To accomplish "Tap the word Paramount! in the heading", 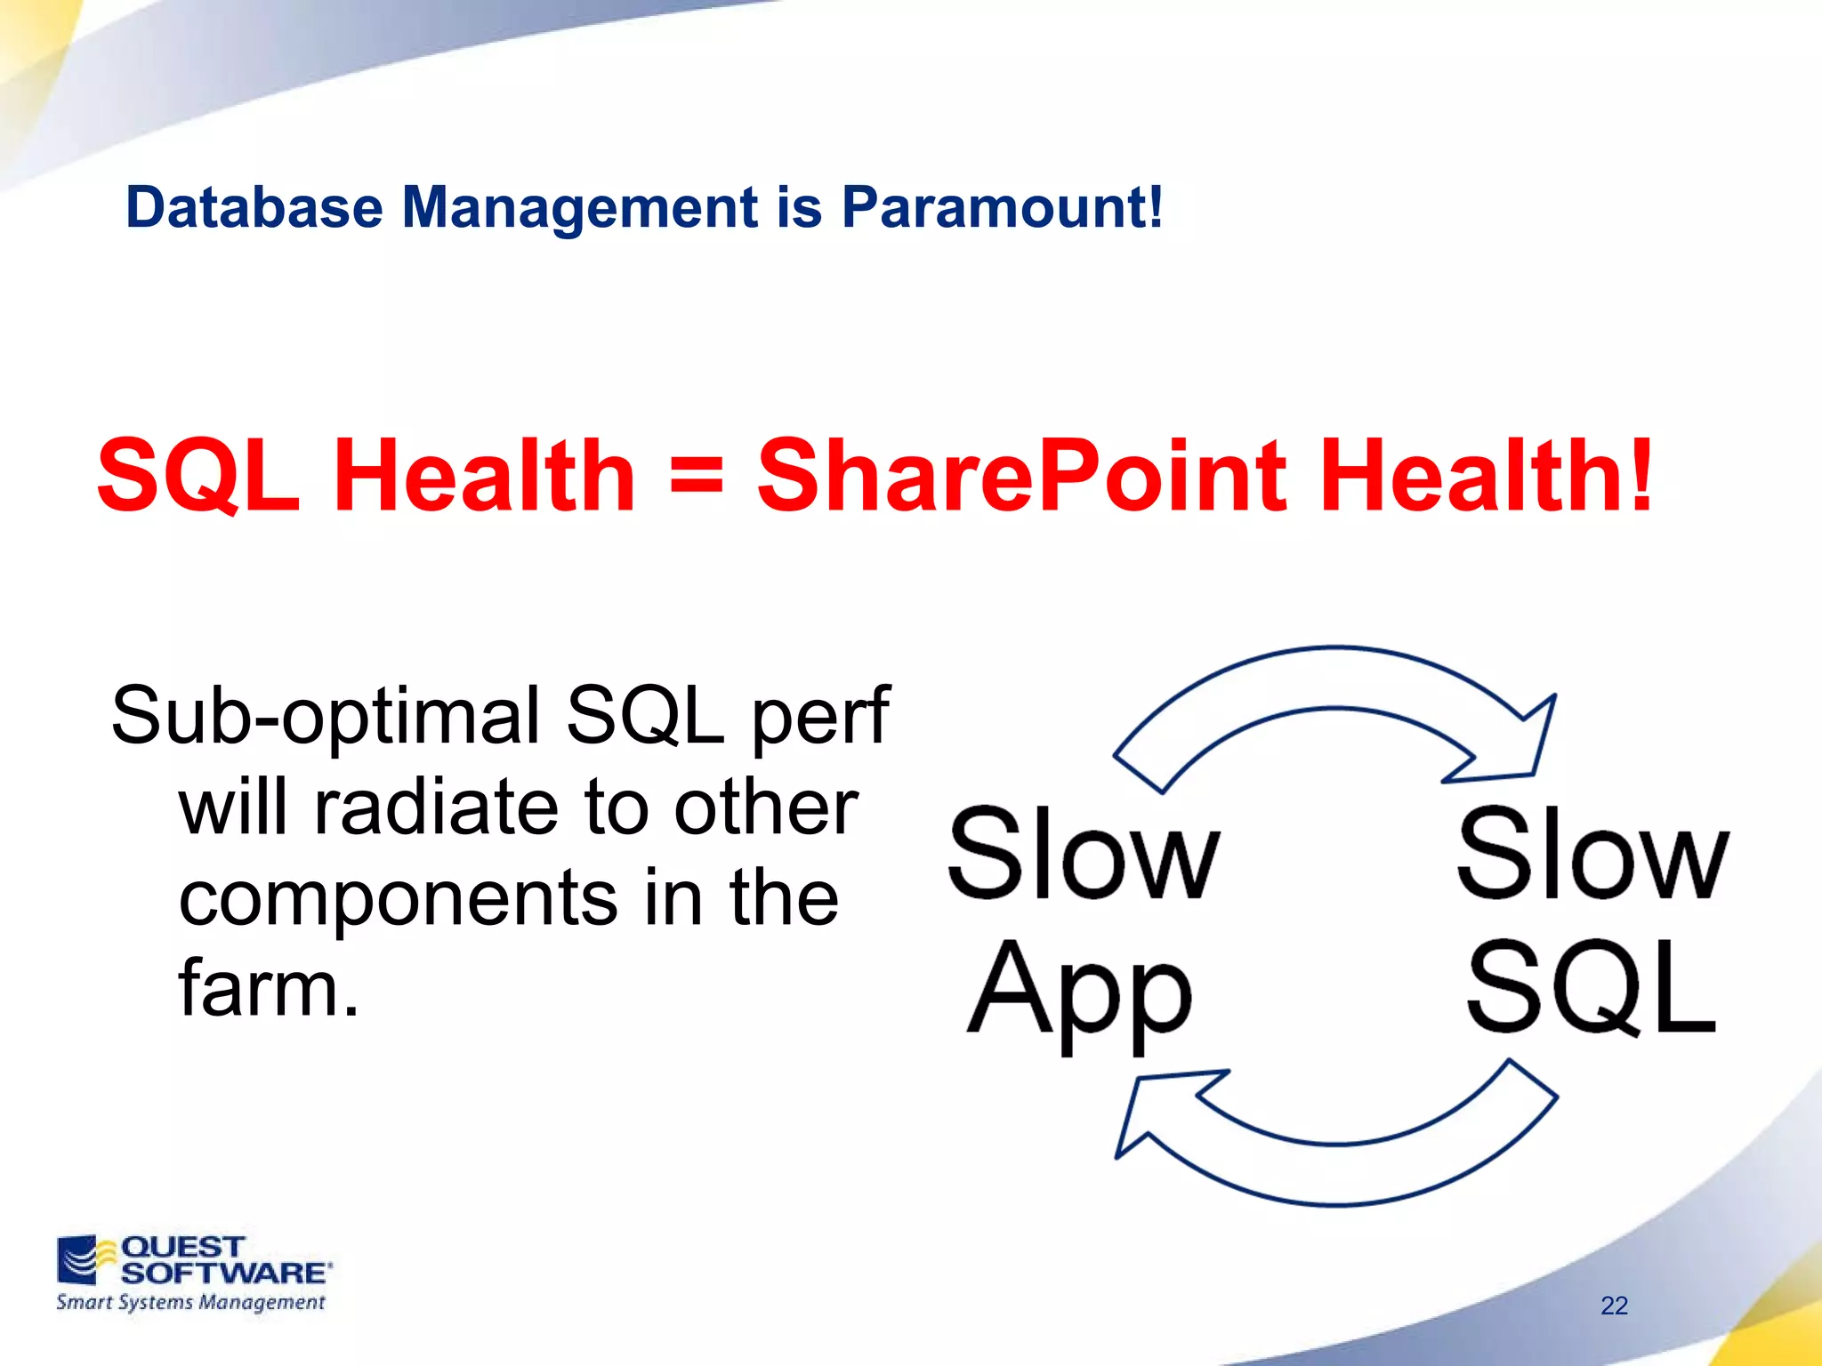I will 1002,207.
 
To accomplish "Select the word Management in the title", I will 581,207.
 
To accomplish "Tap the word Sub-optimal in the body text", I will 325,716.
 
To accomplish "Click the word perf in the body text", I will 819,716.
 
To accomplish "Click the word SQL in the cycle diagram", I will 1591,987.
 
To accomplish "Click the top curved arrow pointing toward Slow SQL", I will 1334,680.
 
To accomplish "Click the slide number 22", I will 1614,1306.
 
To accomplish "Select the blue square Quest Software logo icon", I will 78,1259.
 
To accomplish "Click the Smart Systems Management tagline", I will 190,1303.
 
